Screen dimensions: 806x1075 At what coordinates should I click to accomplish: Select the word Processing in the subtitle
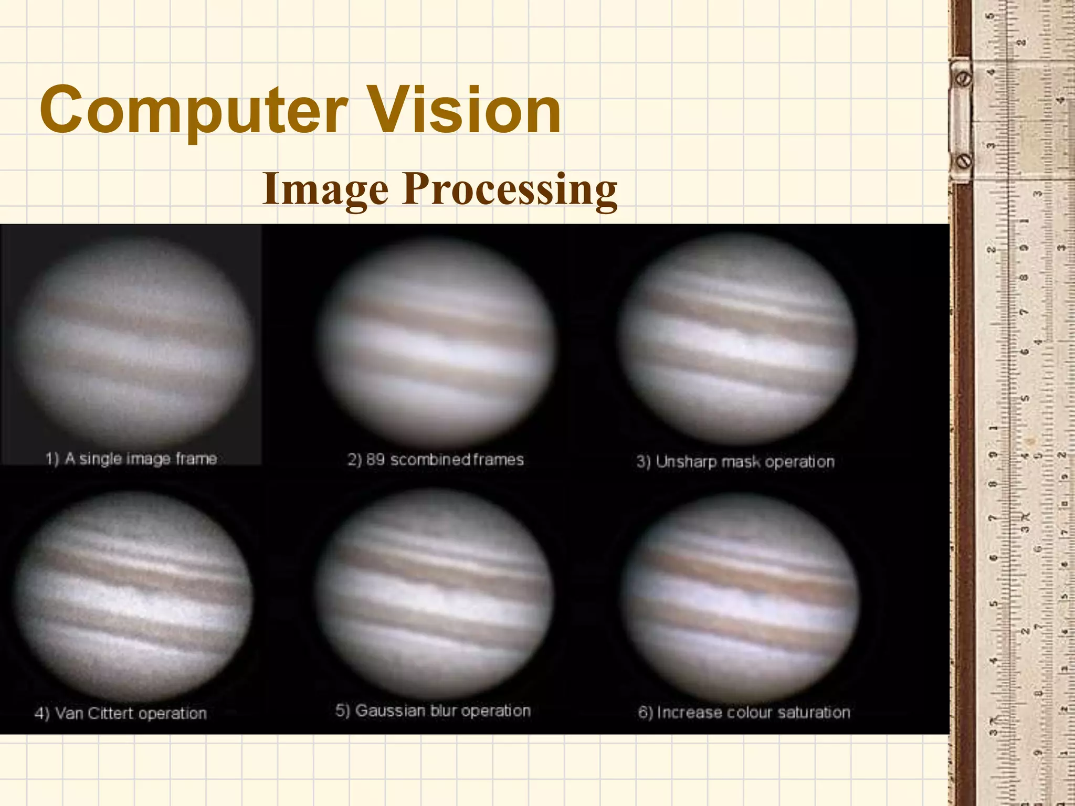coord(510,190)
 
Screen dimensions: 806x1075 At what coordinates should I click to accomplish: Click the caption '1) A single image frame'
coord(131,459)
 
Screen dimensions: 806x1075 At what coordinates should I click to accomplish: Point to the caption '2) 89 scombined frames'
coord(436,460)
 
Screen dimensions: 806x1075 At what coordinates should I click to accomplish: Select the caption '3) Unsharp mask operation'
coord(735,462)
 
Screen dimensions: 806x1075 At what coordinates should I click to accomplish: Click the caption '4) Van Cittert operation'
coord(121,713)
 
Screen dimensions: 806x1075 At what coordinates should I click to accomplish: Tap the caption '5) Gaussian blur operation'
coord(433,710)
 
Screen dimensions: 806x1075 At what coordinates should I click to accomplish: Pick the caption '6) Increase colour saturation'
coord(744,712)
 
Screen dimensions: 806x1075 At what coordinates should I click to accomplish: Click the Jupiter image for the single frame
coord(134,341)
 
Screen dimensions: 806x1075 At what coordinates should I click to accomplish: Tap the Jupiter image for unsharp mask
coord(737,338)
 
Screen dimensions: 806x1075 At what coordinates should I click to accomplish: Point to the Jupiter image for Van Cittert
coord(134,596)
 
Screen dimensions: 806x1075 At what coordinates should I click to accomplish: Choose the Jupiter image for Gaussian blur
coord(435,593)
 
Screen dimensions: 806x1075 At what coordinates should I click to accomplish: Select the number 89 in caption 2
coord(375,460)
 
